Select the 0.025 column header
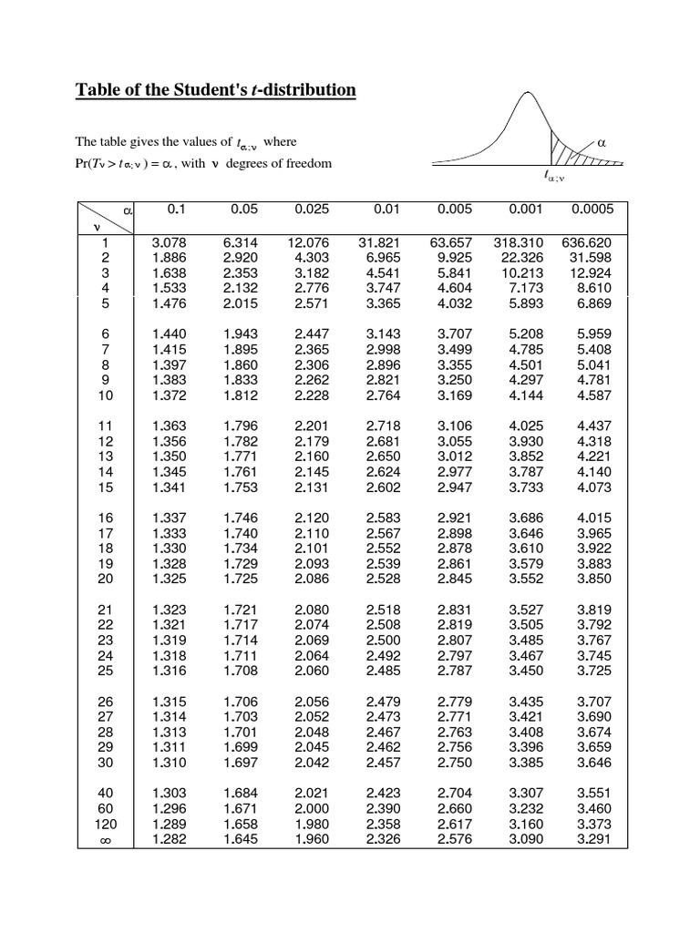[311, 210]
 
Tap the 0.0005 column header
[592, 210]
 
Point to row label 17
[104, 533]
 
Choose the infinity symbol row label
[102, 839]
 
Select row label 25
[104, 672]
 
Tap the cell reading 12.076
[307, 243]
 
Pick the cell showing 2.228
[311, 395]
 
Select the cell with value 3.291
[593, 839]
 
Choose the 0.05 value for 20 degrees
[241, 579]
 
